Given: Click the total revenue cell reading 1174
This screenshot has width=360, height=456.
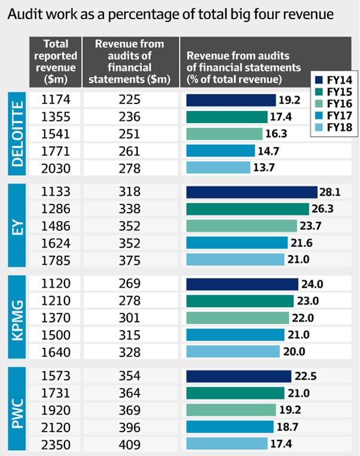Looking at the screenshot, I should tap(56, 100).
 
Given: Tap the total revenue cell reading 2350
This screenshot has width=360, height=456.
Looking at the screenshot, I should tap(56, 445).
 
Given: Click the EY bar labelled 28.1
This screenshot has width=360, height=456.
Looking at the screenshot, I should tap(251, 192).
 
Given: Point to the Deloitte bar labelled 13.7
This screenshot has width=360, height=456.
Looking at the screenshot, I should tap(218, 168).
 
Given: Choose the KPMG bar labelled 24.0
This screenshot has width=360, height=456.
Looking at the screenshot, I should tap(242, 284).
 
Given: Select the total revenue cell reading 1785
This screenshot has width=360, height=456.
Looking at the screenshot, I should tap(56, 259).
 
